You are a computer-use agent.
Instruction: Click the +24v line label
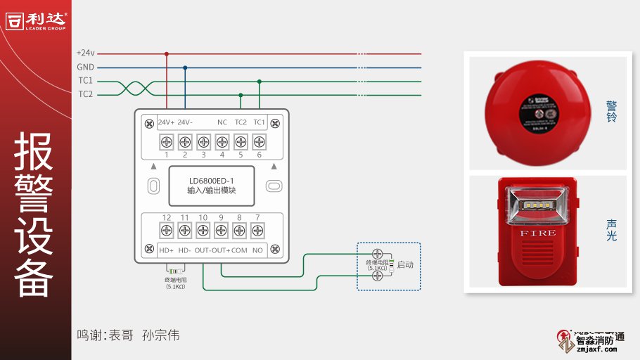point(85,53)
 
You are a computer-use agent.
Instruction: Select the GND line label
point(85,67)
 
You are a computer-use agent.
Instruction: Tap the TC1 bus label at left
point(85,81)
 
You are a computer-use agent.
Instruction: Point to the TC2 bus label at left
point(85,94)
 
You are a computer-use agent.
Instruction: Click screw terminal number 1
point(167,141)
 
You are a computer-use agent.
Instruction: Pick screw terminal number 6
point(258,141)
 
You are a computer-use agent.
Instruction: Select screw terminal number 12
point(167,230)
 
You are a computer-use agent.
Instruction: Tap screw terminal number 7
point(257,230)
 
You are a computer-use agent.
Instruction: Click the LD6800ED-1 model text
point(212,179)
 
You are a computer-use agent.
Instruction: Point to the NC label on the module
point(222,122)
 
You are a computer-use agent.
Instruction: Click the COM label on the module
point(239,250)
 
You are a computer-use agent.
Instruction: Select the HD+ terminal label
point(166,250)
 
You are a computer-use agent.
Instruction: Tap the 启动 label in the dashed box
point(405,265)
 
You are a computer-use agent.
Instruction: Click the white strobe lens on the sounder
point(537,205)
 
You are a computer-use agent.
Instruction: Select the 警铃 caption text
point(611,112)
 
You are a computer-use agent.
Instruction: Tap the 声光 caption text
point(611,230)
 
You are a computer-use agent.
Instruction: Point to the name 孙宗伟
point(160,335)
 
